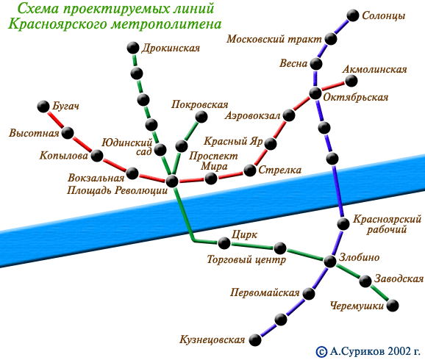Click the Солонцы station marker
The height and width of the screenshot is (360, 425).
click(353, 15)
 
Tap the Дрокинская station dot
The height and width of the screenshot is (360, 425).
click(133, 48)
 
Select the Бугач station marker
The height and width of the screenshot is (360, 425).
click(43, 107)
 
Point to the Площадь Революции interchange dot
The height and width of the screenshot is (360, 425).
click(172, 181)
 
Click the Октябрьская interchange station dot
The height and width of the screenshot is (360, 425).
click(315, 93)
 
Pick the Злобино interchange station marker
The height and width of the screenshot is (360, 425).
click(330, 261)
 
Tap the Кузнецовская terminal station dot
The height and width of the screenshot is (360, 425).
click(255, 339)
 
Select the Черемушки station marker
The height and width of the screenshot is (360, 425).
click(393, 306)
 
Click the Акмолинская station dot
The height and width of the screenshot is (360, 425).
click(351, 81)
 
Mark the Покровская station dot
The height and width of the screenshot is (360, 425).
click(201, 117)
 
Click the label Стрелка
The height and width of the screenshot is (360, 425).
click(280, 170)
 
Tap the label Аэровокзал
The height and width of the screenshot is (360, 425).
click(253, 115)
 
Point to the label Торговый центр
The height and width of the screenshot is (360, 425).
click(246, 259)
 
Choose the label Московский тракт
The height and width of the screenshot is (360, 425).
click(274, 39)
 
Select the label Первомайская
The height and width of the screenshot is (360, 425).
click(265, 292)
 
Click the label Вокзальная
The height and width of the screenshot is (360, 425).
click(96, 178)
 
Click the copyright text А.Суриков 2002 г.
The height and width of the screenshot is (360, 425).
click(375, 351)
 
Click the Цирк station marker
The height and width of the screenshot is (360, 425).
click(224, 243)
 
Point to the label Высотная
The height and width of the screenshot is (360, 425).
click(34, 133)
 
